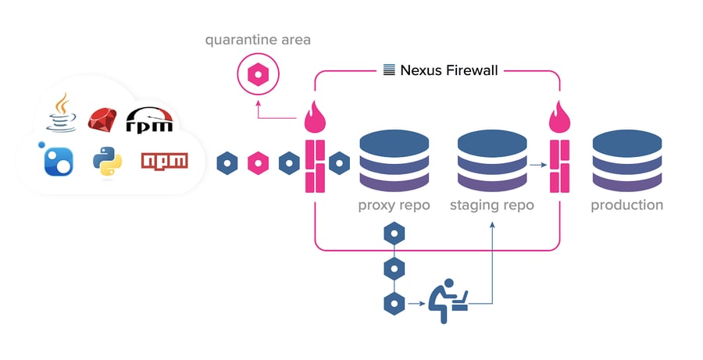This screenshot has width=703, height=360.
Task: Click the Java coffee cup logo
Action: tap(59, 112)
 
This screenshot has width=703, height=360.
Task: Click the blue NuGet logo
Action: tap(58, 160)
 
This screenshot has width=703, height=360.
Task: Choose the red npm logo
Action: tap(164, 161)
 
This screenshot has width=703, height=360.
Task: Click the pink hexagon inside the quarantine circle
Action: tap(257, 76)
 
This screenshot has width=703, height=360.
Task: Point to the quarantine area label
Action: tap(257, 39)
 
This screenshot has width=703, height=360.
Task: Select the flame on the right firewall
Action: tap(559, 119)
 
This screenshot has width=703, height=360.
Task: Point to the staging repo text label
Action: tap(491, 206)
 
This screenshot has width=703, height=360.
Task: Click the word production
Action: tap(626, 205)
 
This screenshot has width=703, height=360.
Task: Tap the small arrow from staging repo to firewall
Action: tap(537, 165)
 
